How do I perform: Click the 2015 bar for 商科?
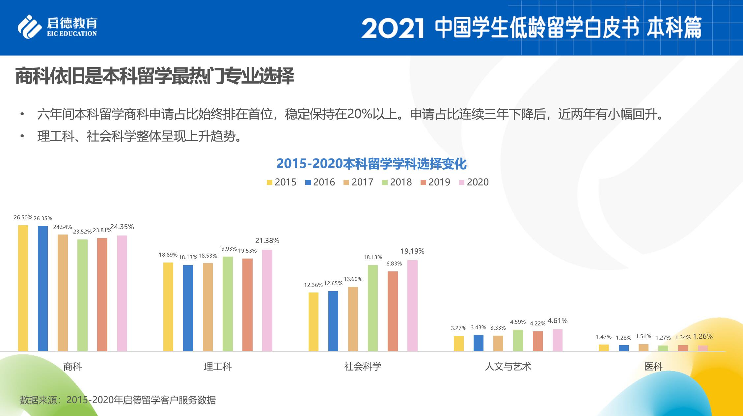(x=23, y=288)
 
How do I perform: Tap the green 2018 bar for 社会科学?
(x=373, y=308)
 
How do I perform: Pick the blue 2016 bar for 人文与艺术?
(x=478, y=343)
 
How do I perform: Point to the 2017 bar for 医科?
(x=643, y=347)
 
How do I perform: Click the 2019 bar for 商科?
(x=102, y=294)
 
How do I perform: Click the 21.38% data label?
(x=267, y=241)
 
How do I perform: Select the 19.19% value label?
(x=412, y=251)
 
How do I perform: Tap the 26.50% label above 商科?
(x=23, y=218)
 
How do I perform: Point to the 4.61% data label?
(x=557, y=321)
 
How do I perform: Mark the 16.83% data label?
(x=393, y=263)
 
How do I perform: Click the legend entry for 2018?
(x=397, y=182)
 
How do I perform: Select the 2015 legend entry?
(x=282, y=182)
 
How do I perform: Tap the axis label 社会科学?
(x=363, y=367)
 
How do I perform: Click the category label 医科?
(x=653, y=367)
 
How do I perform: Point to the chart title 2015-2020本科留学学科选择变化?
(x=371, y=164)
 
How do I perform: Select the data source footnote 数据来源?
(x=118, y=400)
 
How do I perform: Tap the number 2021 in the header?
(x=392, y=28)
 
